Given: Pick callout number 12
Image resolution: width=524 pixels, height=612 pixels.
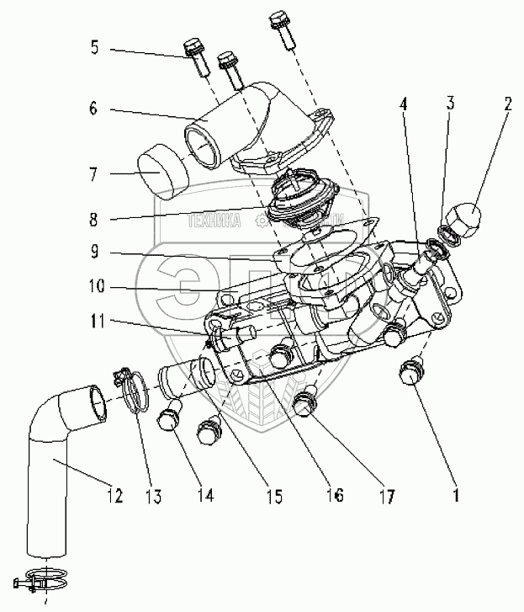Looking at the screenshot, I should coord(114,497).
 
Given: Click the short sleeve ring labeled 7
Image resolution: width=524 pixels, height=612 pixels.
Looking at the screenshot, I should coord(160,169).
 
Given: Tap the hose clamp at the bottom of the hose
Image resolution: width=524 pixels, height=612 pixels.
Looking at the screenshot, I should coord(39,579).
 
